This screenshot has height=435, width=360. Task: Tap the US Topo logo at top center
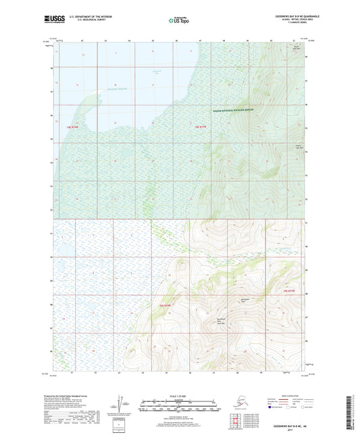pos(178,21)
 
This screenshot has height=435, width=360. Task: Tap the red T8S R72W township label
pos(200,126)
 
